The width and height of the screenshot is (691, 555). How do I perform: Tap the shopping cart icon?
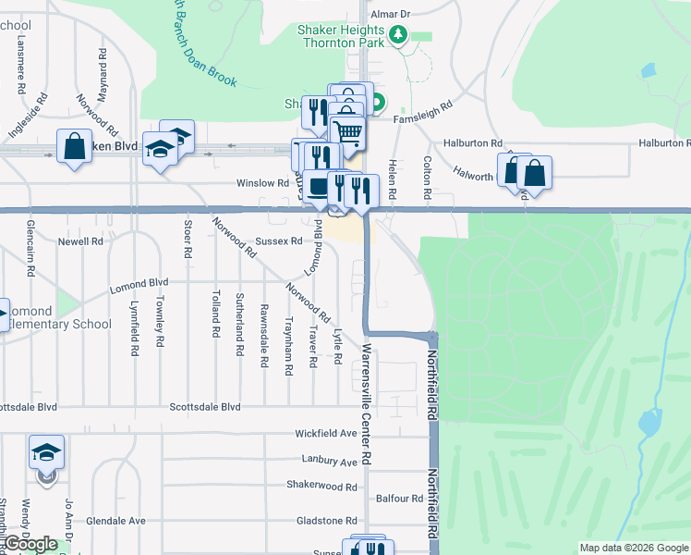point(348,132)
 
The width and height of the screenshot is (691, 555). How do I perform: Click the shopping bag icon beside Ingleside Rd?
point(74,146)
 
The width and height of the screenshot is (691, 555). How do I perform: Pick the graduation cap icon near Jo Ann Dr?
point(46,451)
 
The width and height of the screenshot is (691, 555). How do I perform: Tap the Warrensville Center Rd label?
point(367,404)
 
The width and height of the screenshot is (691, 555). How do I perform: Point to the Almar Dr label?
point(389,15)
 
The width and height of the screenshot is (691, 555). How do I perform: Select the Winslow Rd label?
point(256,183)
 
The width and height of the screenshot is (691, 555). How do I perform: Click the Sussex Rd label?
point(279,240)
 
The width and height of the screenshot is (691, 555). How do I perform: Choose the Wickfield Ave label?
point(325,433)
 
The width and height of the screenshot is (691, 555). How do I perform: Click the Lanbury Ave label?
point(329,461)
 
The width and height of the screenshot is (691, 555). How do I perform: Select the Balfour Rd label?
point(400,499)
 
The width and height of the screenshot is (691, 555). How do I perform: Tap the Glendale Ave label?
point(115,521)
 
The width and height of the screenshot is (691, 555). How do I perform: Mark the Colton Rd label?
point(427,179)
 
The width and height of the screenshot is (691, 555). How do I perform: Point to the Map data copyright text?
point(633,548)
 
